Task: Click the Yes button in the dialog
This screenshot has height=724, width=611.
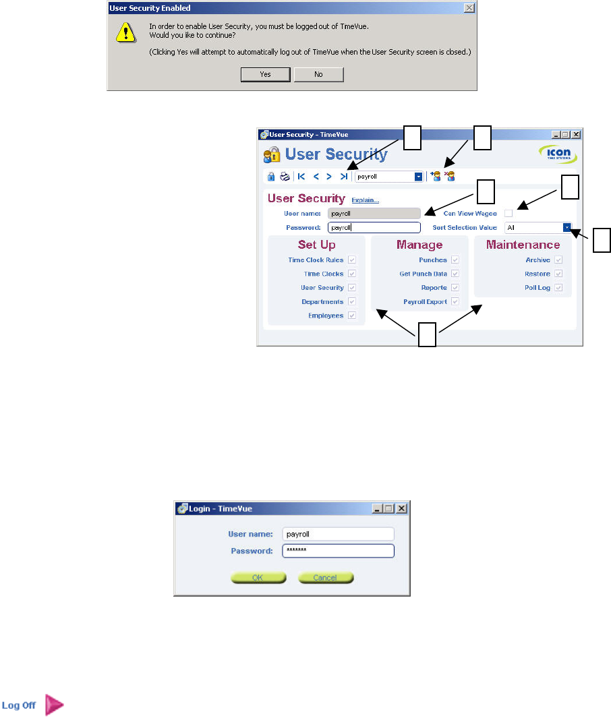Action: pyautogui.click(x=265, y=74)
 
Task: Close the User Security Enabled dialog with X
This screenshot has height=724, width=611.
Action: pyautogui.click(x=469, y=8)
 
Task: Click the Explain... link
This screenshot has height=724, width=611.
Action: pyautogui.click(x=365, y=200)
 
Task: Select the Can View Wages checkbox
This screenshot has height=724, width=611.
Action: pyautogui.click(x=508, y=213)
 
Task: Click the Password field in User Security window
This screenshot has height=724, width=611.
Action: pyautogui.click(x=374, y=228)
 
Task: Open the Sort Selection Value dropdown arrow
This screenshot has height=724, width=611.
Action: pyautogui.click(x=567, y=228)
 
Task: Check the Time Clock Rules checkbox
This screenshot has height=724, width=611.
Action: pyautogui.click(x=352, y=260)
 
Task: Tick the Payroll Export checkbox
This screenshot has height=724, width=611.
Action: pyautogui.click(x=455, y=302)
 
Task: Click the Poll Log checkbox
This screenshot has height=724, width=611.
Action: pyautogui.click(x=558, y=288)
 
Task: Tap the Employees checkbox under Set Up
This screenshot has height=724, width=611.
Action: pyautogui.click(x=352, y=315)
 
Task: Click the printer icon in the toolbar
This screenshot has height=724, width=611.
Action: pyautogui.click(x=285, y=177)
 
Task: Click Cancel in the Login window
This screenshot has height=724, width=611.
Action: pyautogui.click(x=326, y=578)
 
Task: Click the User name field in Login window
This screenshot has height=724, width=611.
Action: pyautogui.click(x=337, y=534)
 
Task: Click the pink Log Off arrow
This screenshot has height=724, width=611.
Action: pyautogui.click(x=54, y=705)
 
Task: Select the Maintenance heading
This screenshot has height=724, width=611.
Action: pyautogui.click(x=523, y=245)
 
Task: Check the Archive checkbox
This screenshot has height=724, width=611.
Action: pyautogui.click(x=558, y=260)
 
